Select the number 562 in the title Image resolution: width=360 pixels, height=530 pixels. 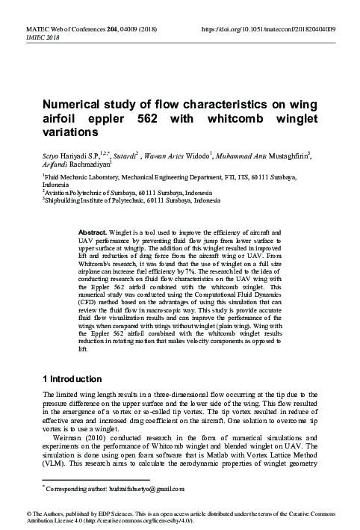[173, 119]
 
